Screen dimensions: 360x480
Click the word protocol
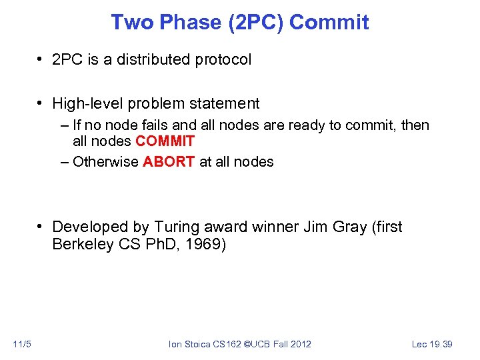tap(223, 59)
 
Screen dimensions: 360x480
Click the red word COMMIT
tap(165, 141)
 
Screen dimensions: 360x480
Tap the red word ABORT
tap(169, 161)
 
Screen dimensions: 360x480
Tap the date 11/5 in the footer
tap(21, 344)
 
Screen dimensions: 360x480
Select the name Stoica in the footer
tap(199, 344)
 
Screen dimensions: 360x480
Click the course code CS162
tap(229, 344)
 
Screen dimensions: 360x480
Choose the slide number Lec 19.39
tap(432, 344)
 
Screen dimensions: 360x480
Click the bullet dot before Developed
tap(41, 227)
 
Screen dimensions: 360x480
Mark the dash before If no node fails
tap(63, 125)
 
